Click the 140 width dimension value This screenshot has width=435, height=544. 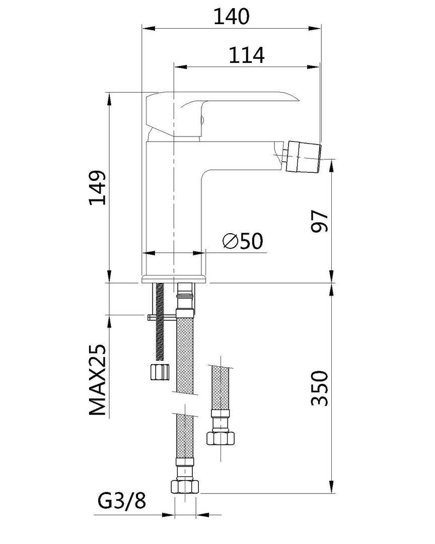231,16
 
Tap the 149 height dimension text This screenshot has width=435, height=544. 98,187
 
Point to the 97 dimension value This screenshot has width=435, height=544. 319,221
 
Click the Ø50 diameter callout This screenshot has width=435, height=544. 243,241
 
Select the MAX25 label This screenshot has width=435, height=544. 98,380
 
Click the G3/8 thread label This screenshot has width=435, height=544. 122,501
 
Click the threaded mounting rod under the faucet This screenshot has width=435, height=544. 160,321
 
